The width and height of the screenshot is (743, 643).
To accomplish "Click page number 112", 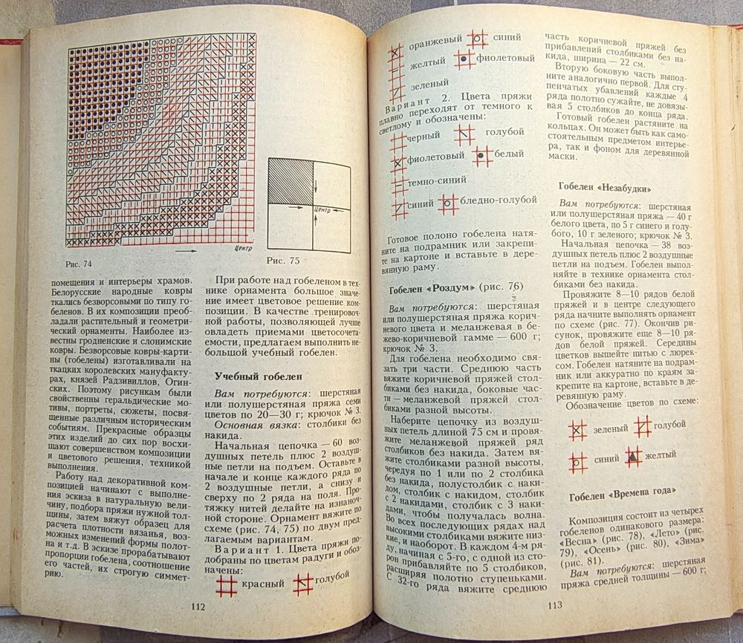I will (198, 606).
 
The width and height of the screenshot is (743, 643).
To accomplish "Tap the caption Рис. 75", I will (283, 261).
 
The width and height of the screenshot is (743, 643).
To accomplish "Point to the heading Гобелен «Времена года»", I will (624, 497).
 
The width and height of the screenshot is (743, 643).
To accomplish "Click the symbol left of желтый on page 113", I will (632, 455).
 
